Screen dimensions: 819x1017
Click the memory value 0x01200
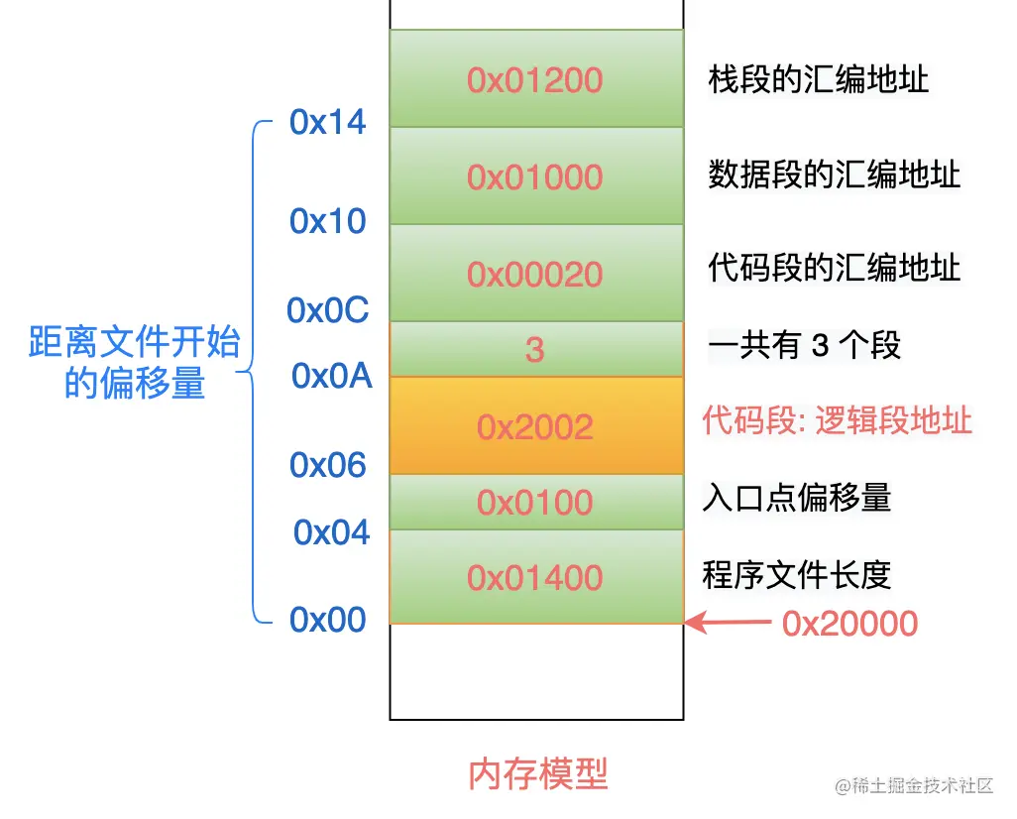tap(535, 79)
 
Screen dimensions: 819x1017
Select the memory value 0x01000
tap(535, 176)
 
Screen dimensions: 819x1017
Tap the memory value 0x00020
tap(535, 274)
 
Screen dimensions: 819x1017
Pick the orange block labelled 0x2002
tap(535, 426)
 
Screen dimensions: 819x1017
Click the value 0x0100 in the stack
tap(535, 502)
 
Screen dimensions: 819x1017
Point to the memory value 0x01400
tap(535, 577)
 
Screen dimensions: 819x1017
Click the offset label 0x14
tap(328, 122)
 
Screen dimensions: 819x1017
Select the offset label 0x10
tap(328, 221)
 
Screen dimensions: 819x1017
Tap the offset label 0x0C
tap(328, 310)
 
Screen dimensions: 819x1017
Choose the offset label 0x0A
tap(332, 376)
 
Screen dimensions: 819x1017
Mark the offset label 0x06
tap(328, 464)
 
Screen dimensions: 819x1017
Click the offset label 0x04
tap(331, 532)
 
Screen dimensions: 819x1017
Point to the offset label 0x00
tap(328, 620)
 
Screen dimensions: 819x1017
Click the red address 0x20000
tap(849, 623)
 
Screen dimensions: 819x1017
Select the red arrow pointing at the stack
tap(729, 623)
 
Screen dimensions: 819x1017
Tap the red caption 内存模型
tap(537, 773)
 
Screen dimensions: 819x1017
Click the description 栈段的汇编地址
tap(819, 79)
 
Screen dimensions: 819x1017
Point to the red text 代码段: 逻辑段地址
tap(837, 421)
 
